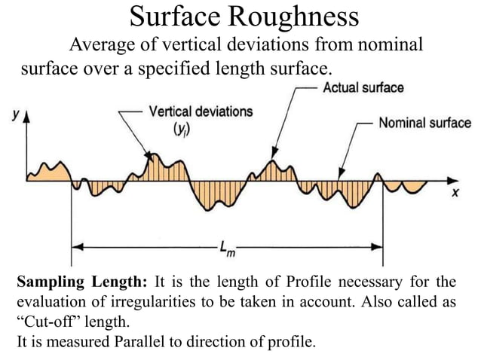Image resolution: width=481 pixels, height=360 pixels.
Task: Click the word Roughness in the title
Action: click(286, 17)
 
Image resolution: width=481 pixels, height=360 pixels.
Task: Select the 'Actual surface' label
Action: click(363, 87)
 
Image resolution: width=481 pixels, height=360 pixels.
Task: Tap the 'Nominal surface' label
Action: click(424, 123)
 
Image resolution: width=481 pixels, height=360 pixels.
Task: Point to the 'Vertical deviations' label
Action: click(201, 111)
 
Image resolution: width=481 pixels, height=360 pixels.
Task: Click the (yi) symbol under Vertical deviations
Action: click(182, 129)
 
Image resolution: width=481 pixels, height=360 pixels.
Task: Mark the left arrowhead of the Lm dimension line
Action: click(75, 246)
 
